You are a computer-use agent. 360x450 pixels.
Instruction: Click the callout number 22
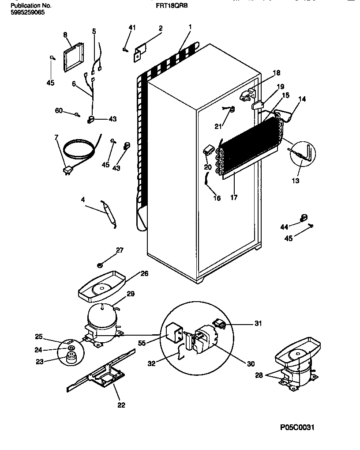121,405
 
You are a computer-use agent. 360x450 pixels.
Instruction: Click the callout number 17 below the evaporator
234,197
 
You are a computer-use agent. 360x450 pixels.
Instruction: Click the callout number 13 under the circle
295,181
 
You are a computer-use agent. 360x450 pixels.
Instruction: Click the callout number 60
59,110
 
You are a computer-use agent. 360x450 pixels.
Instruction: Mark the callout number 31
258,324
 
